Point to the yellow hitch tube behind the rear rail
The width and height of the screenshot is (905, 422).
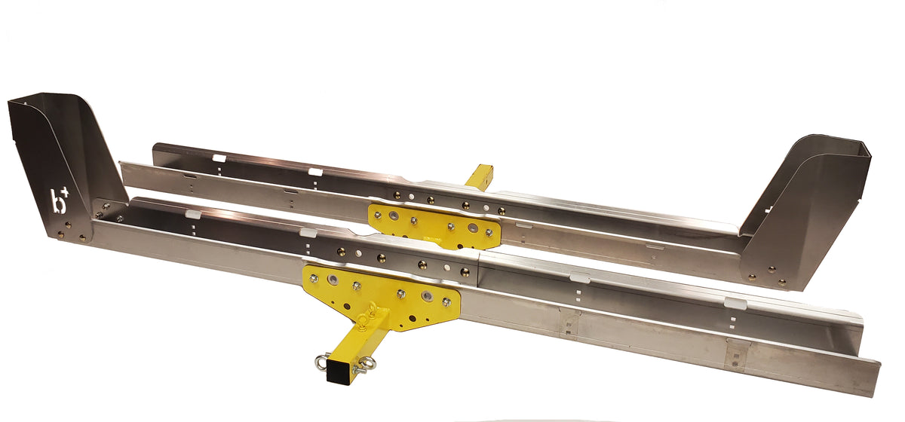(479, 176)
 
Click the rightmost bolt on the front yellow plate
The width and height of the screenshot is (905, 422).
(446, 301)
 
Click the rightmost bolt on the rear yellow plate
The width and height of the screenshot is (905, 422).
(489, 234)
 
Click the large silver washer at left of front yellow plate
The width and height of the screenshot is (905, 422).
(333, 280)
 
